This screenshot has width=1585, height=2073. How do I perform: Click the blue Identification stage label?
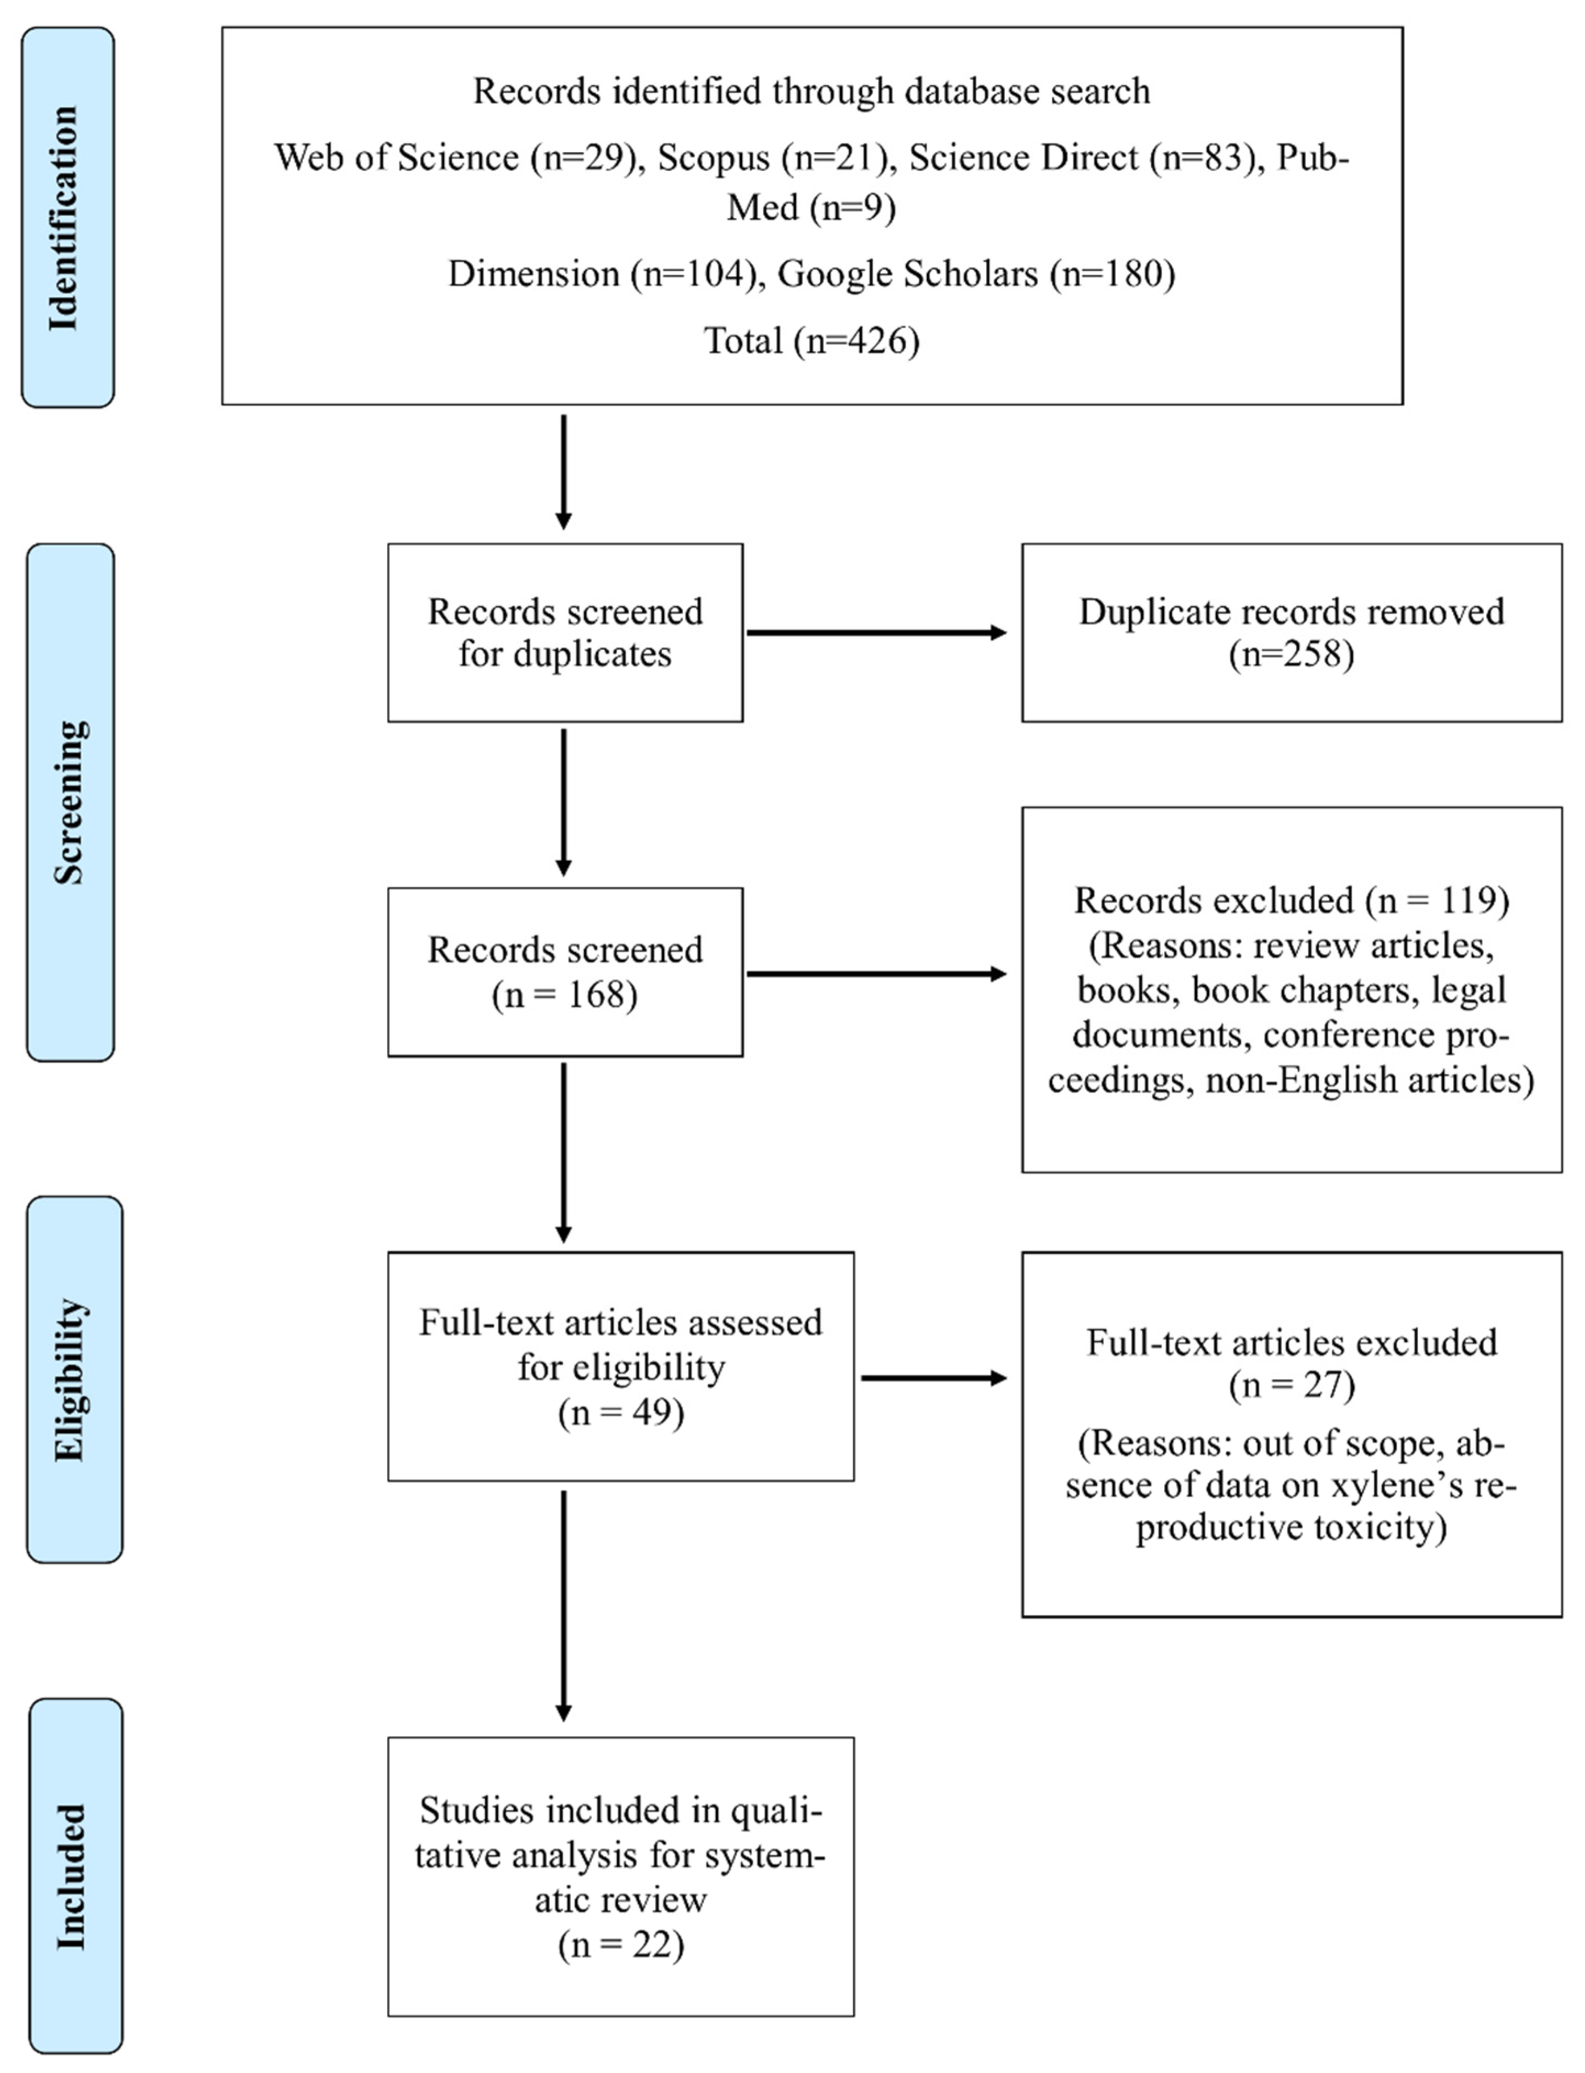[68, 217]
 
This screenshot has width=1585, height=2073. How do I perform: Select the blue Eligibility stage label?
[74, 1380]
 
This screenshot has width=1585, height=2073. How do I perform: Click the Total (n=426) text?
[811, 340]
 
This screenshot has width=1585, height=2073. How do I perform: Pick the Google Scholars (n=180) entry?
[976, 274]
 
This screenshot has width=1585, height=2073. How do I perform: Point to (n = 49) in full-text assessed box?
[621, 1413]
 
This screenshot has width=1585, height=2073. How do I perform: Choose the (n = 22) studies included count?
[621, 1944]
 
